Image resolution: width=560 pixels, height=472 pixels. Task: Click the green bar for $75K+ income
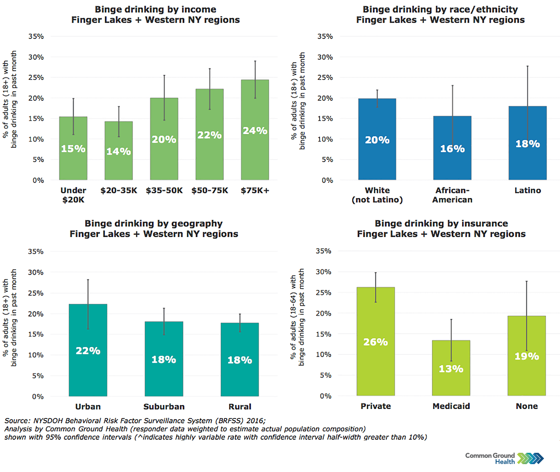click(255, 155)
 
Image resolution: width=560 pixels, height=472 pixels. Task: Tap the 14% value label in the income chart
click(119, 151)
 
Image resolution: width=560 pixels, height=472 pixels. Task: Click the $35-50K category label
click(164, 191)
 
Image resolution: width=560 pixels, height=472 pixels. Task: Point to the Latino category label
click(527, 191)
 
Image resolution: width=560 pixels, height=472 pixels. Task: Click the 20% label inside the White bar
click(377, 140)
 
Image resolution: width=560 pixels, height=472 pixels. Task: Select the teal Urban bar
click(88, 374)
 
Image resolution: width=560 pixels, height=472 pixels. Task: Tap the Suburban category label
click(164, 407)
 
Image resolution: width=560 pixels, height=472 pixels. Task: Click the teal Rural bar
click(239, 380)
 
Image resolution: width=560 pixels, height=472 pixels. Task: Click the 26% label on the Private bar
click(375, 342)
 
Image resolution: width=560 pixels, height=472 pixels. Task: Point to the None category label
click(527, 406)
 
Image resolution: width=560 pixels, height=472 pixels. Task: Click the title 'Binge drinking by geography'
click(154, 223)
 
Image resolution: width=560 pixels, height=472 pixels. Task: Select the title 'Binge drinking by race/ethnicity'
click(440, 9)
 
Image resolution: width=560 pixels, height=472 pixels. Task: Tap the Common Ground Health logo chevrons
click(530, 458)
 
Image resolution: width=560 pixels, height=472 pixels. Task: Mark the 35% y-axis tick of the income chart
click(36, 36)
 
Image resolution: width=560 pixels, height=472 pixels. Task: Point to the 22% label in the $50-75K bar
click(209, 135)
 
